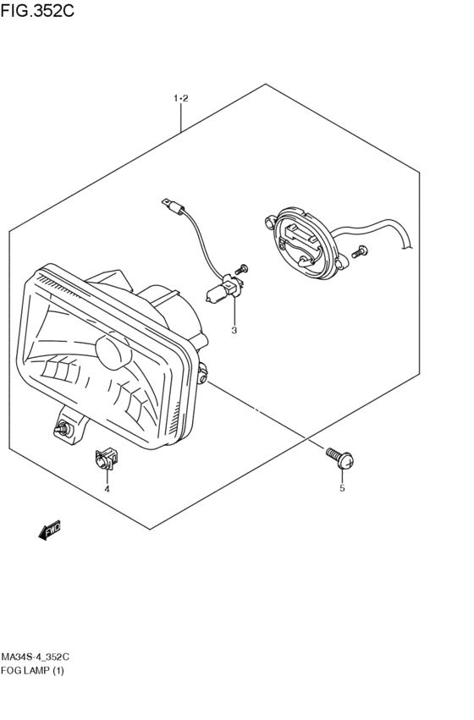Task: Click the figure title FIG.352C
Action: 37,10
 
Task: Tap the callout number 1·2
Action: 181,98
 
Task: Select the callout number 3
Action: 234,330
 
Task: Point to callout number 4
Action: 107,489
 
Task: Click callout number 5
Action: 342,488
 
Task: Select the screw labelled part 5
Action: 340,458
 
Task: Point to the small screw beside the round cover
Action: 359,251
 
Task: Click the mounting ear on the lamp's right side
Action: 202,372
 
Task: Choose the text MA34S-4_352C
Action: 36,657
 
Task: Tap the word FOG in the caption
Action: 10,671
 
